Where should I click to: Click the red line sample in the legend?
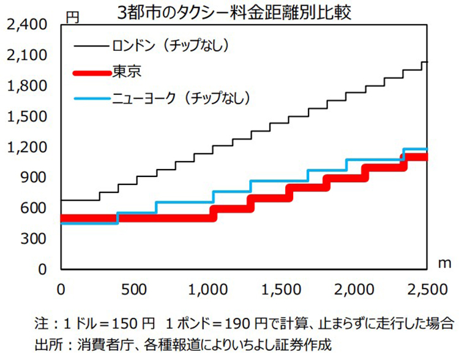[90, 73]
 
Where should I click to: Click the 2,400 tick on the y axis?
[26, 25]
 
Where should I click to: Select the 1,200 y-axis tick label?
[26, 148]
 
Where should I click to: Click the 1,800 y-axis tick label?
[26, 86]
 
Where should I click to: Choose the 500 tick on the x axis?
[133, 288]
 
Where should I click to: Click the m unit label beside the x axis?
[444, 263]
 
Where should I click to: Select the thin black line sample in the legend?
[90, 47]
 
